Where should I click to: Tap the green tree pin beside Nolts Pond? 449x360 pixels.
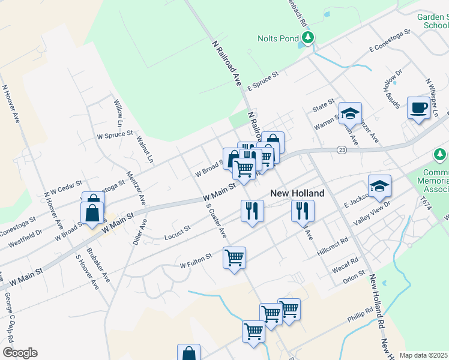pos(309,39)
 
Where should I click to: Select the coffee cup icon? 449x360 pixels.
pos(418,108)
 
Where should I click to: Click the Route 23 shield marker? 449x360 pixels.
pos(342,149)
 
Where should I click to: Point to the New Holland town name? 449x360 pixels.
pos(297,193)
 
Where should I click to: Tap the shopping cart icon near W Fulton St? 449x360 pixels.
pos(234,258)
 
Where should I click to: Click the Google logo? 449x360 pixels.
pos(20,353)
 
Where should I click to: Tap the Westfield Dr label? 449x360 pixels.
pos(25,236)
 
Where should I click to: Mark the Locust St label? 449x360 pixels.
pos(177,233)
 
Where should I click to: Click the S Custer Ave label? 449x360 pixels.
pos(217,220)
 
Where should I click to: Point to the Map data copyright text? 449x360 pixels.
pos(423,355)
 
